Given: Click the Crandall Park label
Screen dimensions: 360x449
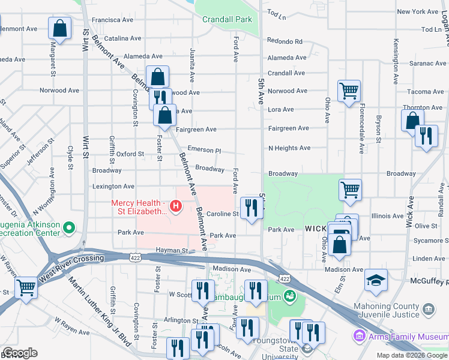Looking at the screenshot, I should [227, 19].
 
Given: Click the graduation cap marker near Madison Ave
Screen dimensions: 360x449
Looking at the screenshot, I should [376, 280].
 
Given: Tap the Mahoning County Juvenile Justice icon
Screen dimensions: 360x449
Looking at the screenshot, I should [429, 309].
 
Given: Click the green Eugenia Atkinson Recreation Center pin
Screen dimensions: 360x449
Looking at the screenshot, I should [69, 228].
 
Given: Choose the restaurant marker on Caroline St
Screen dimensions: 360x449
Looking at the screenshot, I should [251, 208].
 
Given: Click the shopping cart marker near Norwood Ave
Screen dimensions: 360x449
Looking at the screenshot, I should [349, 91].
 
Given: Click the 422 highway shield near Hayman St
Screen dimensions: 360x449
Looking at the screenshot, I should [134, 256].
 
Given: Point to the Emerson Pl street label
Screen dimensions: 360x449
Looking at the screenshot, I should [204, 150].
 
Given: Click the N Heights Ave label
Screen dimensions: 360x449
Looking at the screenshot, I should [289, 148].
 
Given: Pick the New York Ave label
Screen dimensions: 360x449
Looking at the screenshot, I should [418, 11].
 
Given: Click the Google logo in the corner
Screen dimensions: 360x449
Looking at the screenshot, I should [19, 353].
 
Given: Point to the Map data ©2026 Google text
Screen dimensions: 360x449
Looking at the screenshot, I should [411, 355].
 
